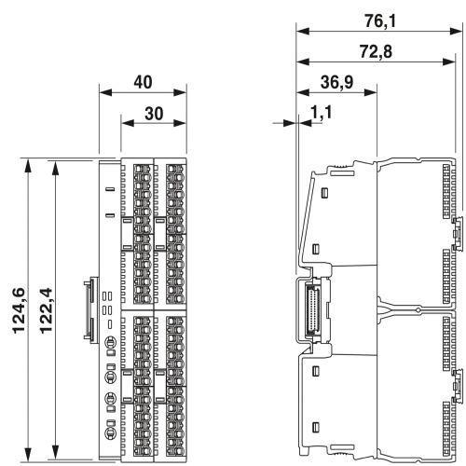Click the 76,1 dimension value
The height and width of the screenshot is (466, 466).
click(380, 21)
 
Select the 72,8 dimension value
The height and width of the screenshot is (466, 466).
click(376, 51)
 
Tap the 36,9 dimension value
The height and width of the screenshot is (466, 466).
click(336, 82)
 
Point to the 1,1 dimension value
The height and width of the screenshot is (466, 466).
click(322, 112)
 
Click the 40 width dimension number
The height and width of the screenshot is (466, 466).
click(143, 82)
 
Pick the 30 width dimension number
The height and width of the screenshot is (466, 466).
click(154, 114)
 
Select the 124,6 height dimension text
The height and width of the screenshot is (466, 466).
click(19, 310)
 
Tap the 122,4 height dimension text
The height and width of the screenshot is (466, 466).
click(46, 310)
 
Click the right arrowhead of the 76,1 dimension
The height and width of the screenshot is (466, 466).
click(456, 31)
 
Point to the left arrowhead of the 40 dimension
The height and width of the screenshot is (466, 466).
click(105, 92)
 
